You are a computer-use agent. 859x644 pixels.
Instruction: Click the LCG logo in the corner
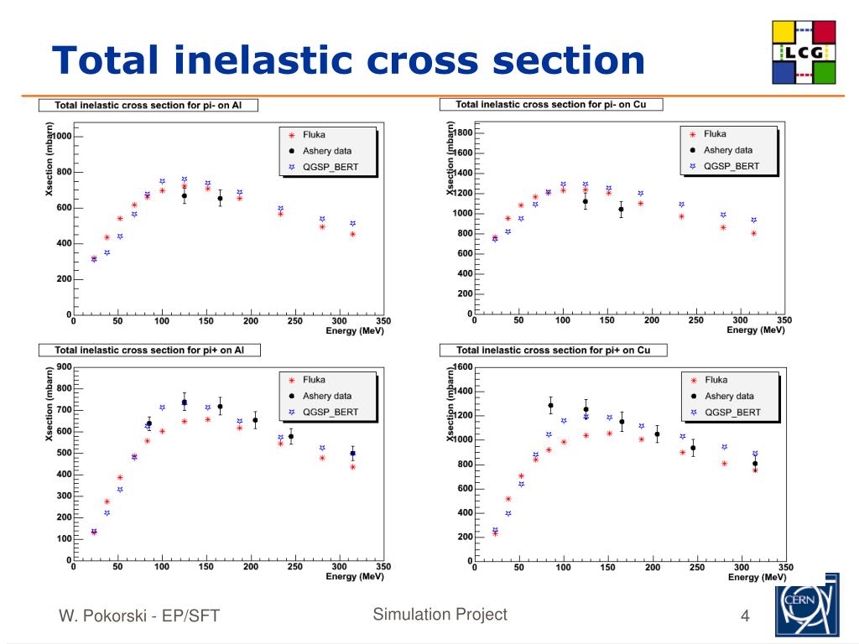pyautogui.click(x=804, y=53)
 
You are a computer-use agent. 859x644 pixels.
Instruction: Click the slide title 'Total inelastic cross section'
pyautogui.click(x=348, y=61)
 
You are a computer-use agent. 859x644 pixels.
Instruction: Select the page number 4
pyautogui.click(x=745, y=619)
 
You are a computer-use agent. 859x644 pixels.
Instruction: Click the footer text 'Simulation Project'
pyautogui.click(x=440, y=615)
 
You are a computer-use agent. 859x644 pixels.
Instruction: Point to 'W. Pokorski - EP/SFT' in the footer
pyautogui.click(x=138, y=617)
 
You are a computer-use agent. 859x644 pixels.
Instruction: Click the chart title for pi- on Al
pyautogui.click(x=148, y=106)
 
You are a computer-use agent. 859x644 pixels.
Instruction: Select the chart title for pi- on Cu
pyautogui.click(x=549, y=105)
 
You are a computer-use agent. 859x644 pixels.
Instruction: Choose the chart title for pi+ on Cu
pyautogui.click(x=550, y=350)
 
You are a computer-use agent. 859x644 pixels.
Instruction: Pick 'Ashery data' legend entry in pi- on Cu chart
pyautogui.click(x=727, y=150)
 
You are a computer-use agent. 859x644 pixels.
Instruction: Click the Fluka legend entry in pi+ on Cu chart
pyautogui.click(x=716, y=380)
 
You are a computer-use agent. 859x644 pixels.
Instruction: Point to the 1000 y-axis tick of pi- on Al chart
pyautogui.click(x=60, y=137)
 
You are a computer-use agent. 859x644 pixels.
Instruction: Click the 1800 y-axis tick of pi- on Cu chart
pyautogui.click(x=462, y=132)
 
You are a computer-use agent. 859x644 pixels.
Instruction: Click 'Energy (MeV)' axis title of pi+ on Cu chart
pyautogui.click(x=756, y=577)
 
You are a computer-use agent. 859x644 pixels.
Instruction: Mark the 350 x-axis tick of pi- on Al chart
pyautogui.click(x=383, y=320)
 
